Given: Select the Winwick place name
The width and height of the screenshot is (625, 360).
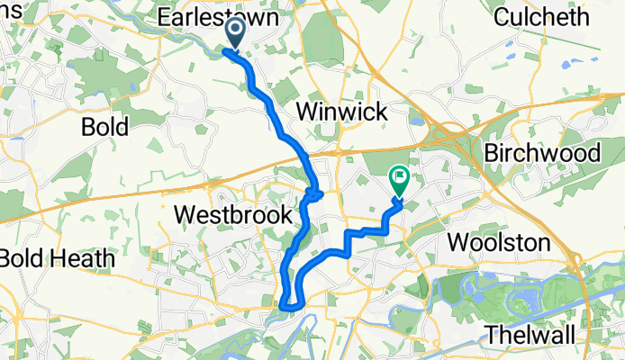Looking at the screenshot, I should tap(341, 112).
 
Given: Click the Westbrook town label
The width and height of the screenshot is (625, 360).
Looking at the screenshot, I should tap(233, 215).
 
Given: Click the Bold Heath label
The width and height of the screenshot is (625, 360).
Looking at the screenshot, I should tap(57, 258).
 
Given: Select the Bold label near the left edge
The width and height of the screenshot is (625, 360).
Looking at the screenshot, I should tap(106, 126).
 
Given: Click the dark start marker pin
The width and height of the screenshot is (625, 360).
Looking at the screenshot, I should tap(235, 33).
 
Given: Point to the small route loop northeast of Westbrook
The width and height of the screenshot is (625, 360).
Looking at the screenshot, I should tap(313, 193).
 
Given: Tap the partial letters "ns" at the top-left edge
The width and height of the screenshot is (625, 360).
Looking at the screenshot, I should tap(5, 16).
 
